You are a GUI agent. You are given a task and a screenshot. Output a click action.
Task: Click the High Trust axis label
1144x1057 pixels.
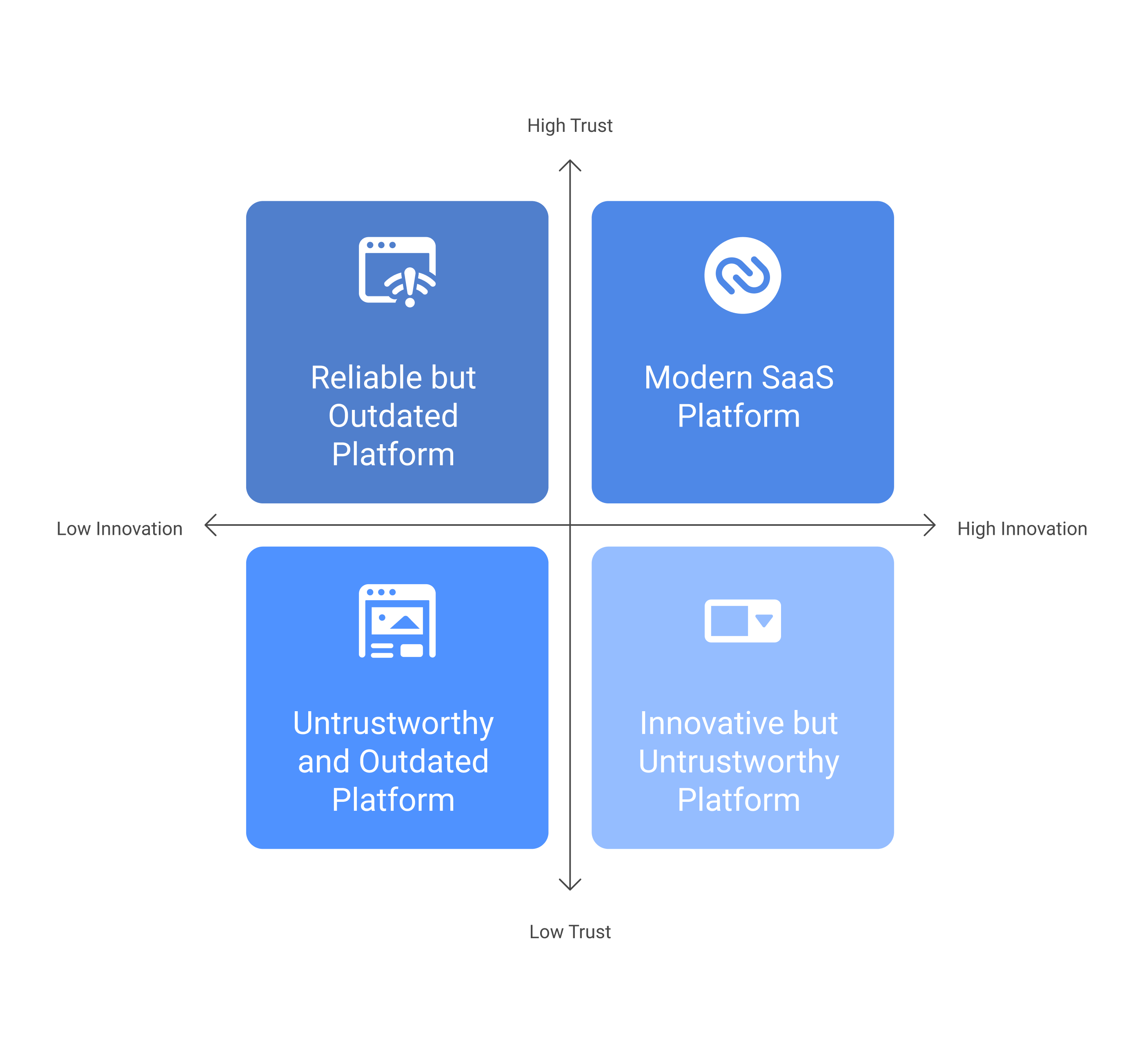coord(570,125)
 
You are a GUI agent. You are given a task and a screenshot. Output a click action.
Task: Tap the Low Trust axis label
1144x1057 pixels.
coord(570,932)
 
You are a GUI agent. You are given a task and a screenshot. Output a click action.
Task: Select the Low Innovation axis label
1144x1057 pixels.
coord(120,528)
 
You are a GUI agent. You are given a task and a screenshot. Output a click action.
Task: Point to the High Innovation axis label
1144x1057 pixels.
coord(1022,528)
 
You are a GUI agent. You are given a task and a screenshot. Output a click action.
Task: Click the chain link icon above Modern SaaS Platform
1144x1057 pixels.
coord(742,275)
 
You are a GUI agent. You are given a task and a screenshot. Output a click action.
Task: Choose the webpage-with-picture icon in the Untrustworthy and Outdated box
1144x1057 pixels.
coord(397,621)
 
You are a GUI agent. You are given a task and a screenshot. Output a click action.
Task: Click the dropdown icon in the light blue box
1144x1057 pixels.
coord(742,621)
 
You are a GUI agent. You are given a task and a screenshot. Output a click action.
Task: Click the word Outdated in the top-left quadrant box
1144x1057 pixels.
coord(393,416)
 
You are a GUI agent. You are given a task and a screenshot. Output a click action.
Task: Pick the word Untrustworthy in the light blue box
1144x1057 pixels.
coord(739,762)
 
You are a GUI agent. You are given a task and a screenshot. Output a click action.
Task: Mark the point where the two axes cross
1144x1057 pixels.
coord(570,525)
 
